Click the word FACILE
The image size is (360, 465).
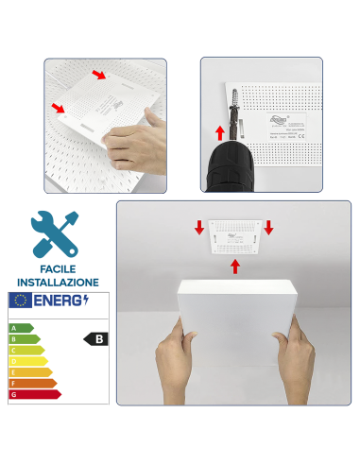(x=57, y=269)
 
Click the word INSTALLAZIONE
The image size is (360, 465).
(x=57, y=282)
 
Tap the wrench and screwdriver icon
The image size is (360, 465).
(x=55, y=232)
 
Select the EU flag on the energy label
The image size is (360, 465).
(x=20, y=300)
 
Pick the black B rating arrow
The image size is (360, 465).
(x=94, y=337)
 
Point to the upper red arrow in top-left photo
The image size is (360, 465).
(x=99, y=75)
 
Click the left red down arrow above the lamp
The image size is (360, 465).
(x=199, y=227)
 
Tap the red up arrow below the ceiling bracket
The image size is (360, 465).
(x=234, y=267)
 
